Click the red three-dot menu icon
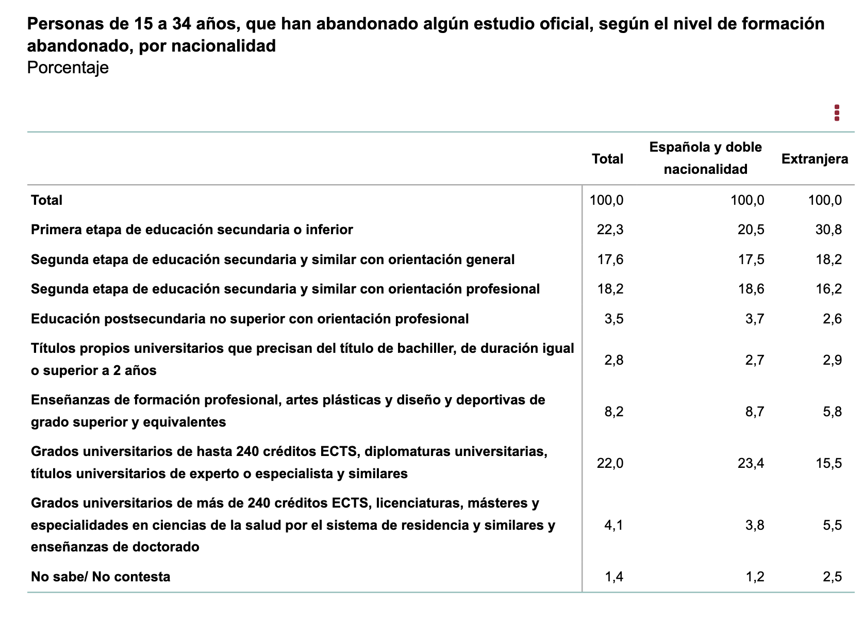point(837,113)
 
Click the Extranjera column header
point(815,159)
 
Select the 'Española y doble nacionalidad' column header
point(705,158)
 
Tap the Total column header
point(607,159)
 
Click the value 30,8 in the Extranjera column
point(828,230)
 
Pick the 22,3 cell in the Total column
point(610,230)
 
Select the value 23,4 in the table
point(751,463)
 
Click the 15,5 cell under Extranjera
point(828,463)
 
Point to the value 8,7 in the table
point(754,412)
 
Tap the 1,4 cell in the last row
point(613,577)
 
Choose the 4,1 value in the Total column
point(613,525)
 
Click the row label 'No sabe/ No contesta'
point(101,577)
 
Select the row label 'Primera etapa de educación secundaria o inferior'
point(192,230)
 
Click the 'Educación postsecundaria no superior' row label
point(250,319)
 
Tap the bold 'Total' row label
point(46,200)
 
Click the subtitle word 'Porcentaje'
point(68,68)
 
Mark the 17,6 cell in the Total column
point(610,259)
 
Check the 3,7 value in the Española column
point(754,319)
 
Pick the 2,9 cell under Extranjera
point(832,360)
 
